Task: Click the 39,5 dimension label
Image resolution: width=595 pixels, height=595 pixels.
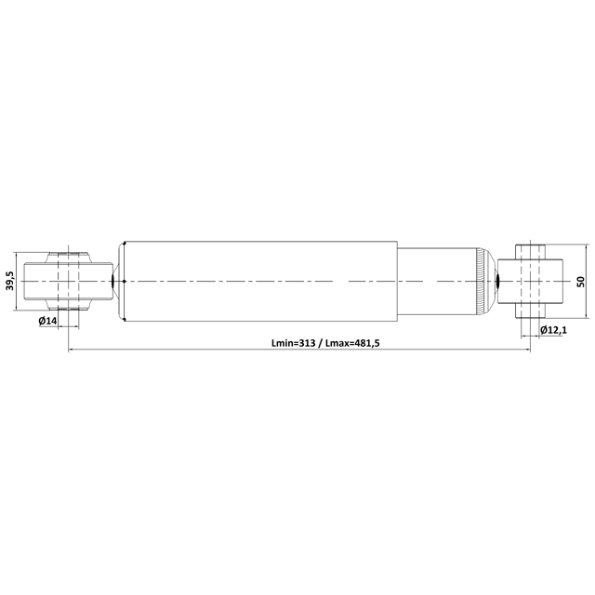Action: tap(9, 282)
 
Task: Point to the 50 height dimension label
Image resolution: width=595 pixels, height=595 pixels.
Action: tap(580, 281)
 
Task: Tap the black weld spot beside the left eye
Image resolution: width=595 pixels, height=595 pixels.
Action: tap(112, 281)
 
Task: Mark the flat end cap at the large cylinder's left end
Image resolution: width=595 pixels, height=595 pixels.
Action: tap(120, 281)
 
